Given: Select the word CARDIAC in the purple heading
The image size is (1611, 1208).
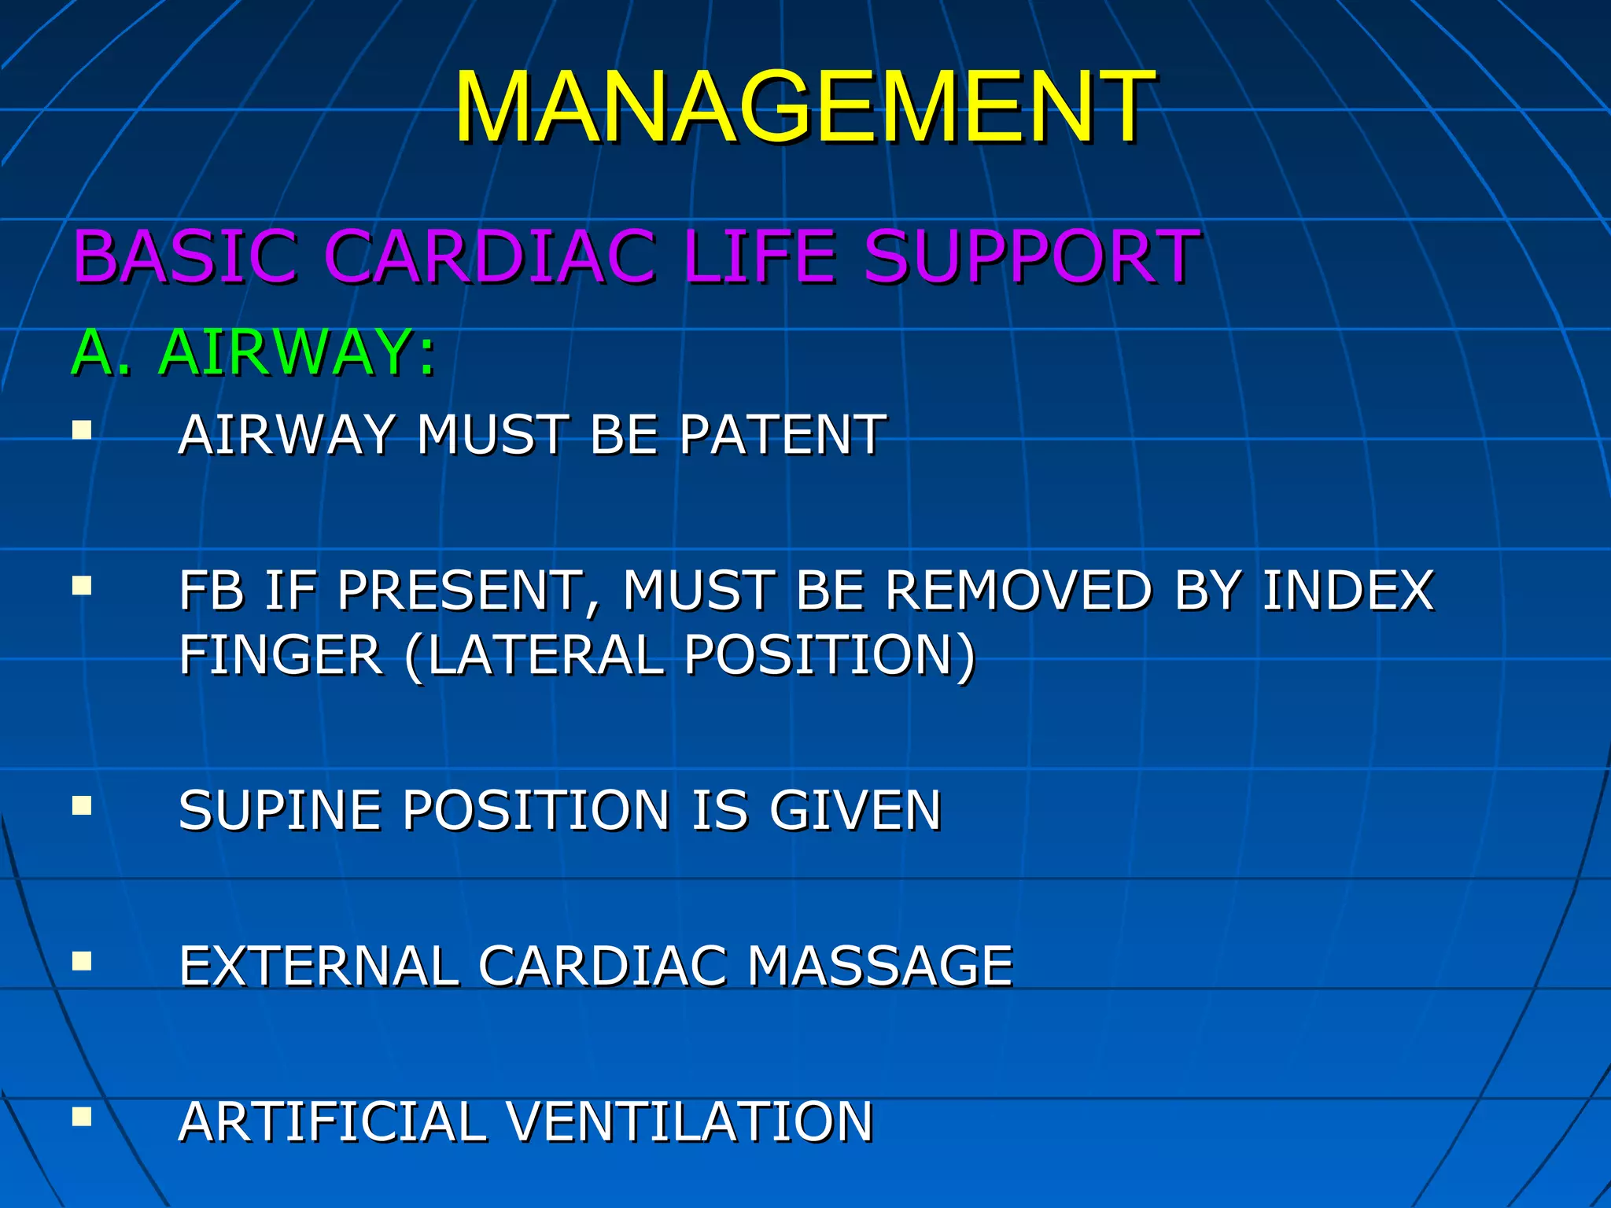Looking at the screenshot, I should coord(489,256).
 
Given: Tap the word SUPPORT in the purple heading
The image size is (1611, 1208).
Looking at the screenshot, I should coord(1030,256).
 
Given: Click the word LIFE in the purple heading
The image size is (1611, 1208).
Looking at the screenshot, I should coord(759,256).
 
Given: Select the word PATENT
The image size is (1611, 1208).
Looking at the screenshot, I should coord(783,434).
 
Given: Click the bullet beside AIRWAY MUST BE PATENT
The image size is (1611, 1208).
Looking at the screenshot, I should coord(82,430).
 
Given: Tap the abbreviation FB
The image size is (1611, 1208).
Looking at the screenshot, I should coord(211,590).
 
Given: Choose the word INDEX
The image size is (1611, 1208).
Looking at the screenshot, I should coord(1348,590).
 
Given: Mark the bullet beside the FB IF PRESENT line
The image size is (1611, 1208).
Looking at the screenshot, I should coord(82,586).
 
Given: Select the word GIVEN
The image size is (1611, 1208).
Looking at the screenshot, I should coord(855,810).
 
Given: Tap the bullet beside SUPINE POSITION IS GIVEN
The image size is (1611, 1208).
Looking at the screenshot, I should coord(82,806).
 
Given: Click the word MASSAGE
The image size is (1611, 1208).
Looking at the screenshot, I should coord(879,966).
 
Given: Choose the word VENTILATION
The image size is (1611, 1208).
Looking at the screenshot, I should coord(689,1121).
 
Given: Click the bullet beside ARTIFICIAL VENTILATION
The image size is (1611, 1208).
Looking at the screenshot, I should coord(82,1118).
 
